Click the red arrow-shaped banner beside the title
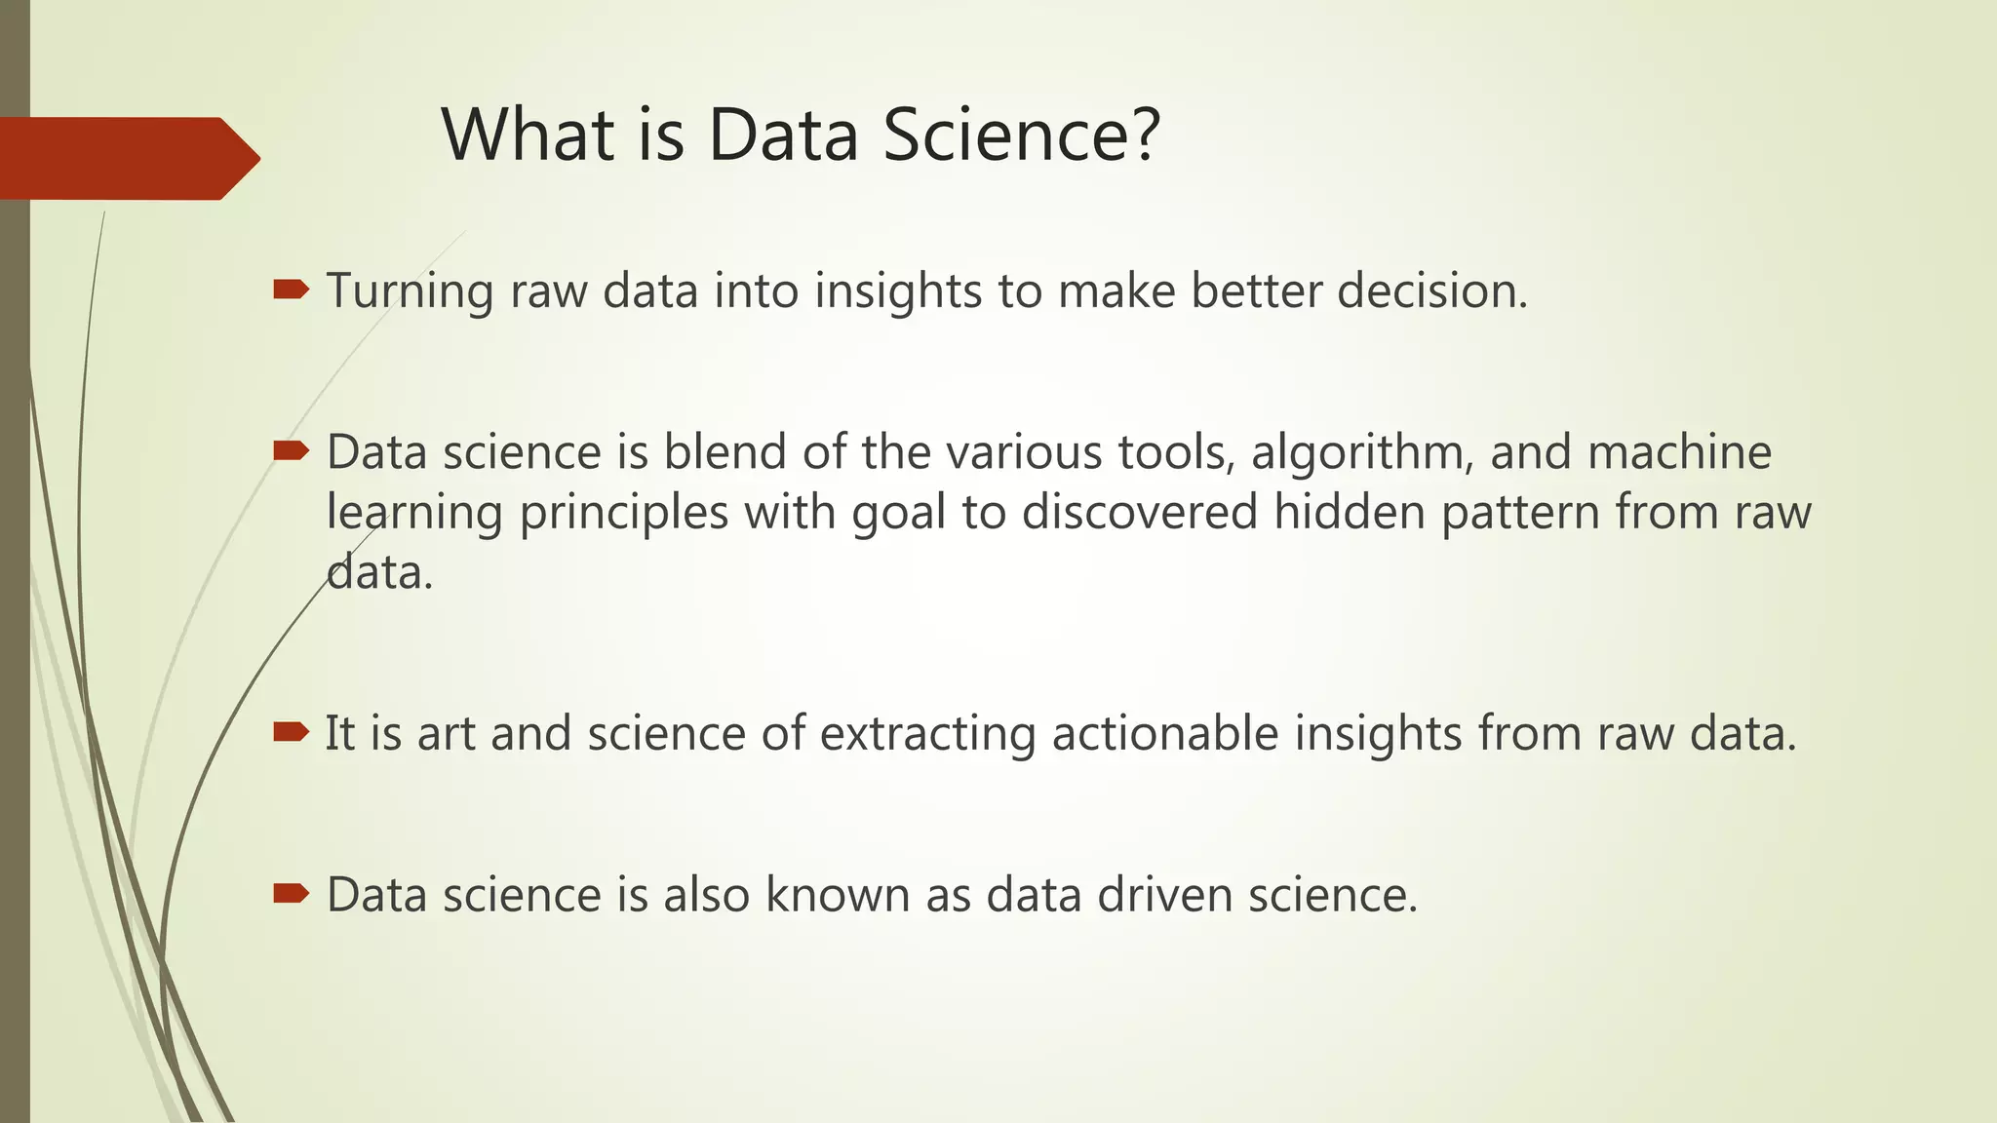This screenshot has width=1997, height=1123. click(x=127, y=158)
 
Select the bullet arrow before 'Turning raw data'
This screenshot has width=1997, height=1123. click(x=292, y=289)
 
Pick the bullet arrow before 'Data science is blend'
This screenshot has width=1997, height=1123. click(x=292, y=450)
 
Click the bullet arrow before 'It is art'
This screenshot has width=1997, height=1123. click(x=292, y=731)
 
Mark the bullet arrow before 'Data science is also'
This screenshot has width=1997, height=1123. click(x=292, y=893)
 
